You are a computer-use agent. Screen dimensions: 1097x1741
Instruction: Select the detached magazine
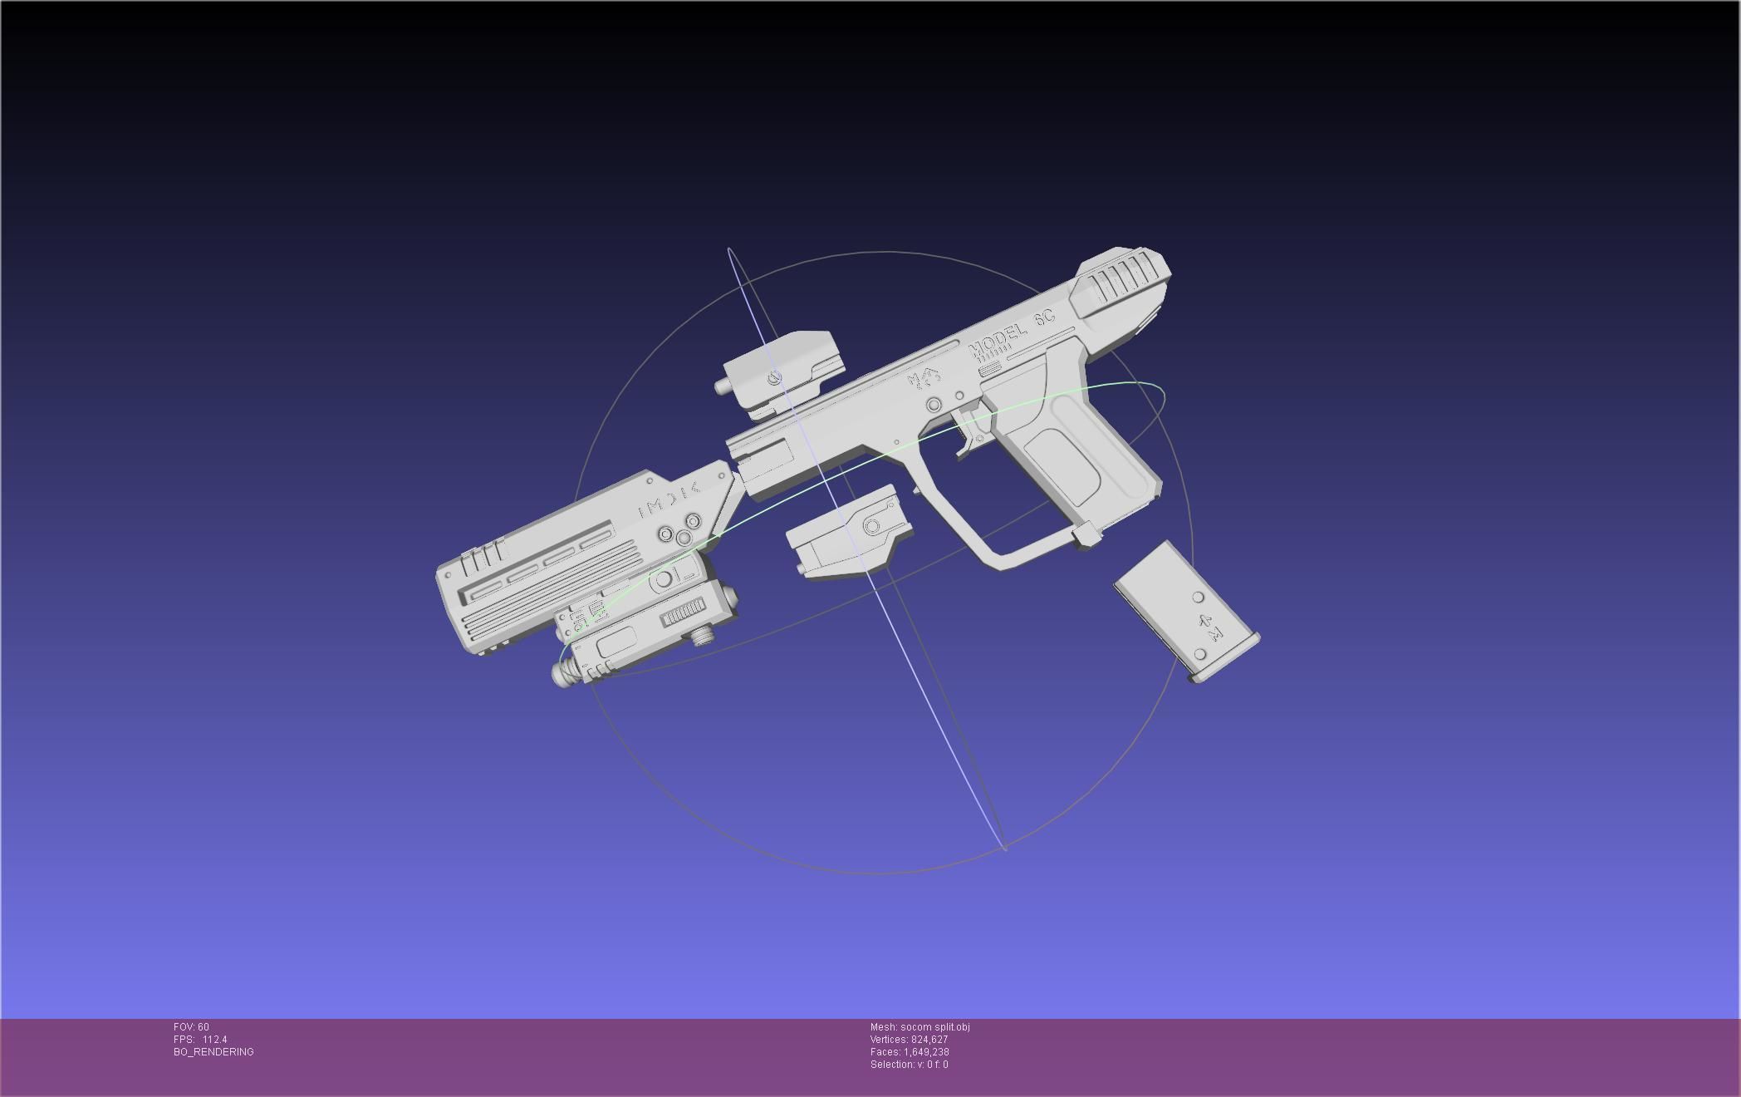[1186, 611]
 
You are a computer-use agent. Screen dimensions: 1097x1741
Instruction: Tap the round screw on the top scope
[775, 378]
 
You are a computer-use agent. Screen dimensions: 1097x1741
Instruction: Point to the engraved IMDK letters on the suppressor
[669, 499]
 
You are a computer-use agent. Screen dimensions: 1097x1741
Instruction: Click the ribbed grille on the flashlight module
[681, 616]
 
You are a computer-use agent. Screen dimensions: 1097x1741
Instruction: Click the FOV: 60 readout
[191, 1027]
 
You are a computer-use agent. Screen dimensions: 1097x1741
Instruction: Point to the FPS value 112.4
[214, 1040]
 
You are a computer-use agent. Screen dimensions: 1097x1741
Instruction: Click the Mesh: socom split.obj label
[920, 1027]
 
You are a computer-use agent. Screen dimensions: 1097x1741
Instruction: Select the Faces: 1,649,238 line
[910, 1052]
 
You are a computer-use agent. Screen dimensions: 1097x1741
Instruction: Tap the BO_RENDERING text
[213, 1052]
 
